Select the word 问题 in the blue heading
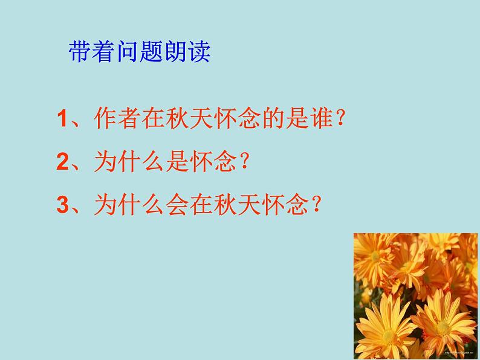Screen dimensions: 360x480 click(x=138, y=53)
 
